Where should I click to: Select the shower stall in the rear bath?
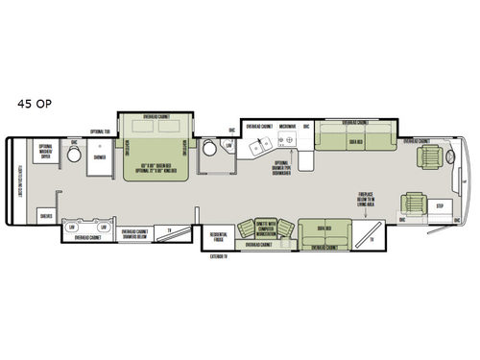tap(98, 162)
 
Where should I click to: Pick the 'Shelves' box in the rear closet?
tap(45, 215)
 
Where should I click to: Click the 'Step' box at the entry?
tap(440, 205)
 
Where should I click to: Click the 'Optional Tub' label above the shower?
tap(100, 131)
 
